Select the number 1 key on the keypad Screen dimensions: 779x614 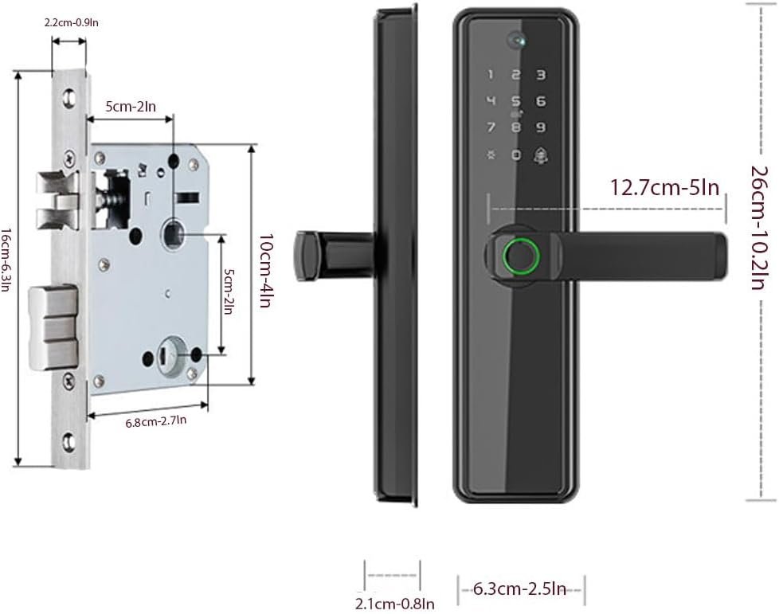pos(491,75)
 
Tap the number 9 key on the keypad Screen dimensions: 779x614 pos(541,127)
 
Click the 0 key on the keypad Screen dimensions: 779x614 pos(516,155)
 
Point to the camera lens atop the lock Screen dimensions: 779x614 pos(517,40)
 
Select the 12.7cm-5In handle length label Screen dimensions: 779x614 pos(664,188)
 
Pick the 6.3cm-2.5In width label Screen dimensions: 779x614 pos(519,589)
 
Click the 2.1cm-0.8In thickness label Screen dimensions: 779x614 pos(394,604)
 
